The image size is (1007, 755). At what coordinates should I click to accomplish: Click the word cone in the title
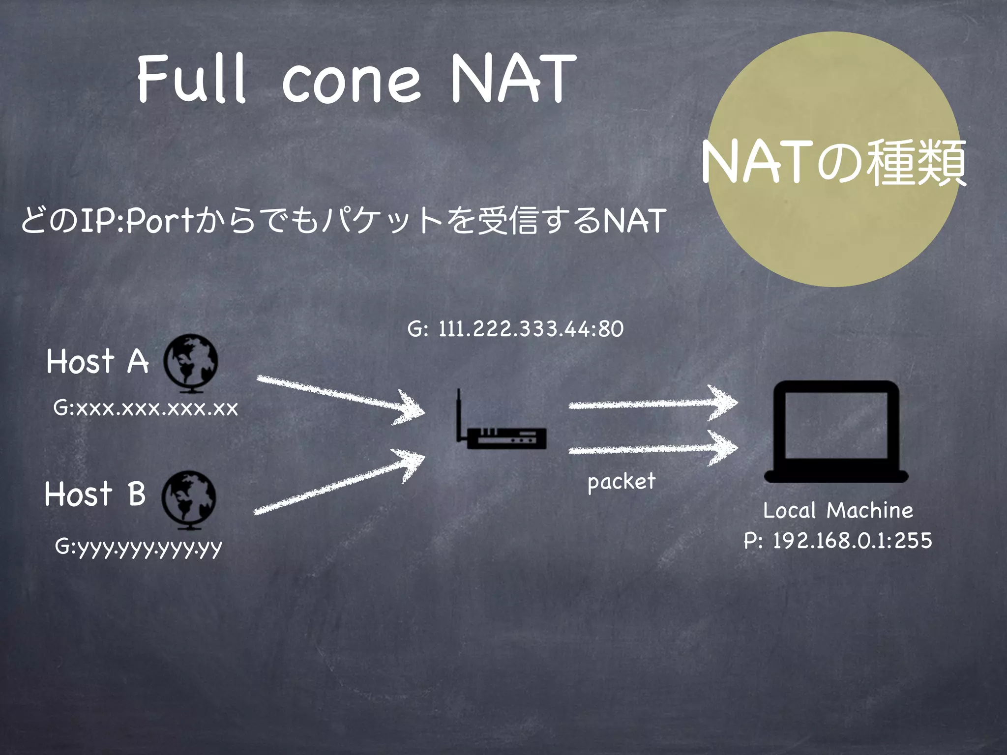(x=352, y=81)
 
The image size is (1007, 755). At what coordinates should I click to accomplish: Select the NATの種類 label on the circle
(x=833, y=162)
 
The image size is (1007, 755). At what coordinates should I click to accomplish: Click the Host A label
(x=97, y=361)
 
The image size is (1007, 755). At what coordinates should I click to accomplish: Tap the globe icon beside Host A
(x=191, y=363)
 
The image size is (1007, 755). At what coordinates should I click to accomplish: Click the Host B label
(x=95, y=494)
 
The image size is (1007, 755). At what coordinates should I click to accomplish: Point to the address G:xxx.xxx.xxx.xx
(x=146, y=408)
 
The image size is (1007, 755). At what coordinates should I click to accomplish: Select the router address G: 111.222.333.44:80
(x=515, y=329)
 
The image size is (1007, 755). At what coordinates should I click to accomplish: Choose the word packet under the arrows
(x=622, y=482)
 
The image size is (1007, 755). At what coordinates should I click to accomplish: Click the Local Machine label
(x=838, y=510)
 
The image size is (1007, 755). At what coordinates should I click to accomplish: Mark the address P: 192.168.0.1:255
(x=838, y=541)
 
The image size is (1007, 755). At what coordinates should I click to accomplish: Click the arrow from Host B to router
(x=339, y=482)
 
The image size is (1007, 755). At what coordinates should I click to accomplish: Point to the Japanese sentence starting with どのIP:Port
(x=343, y=220)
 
